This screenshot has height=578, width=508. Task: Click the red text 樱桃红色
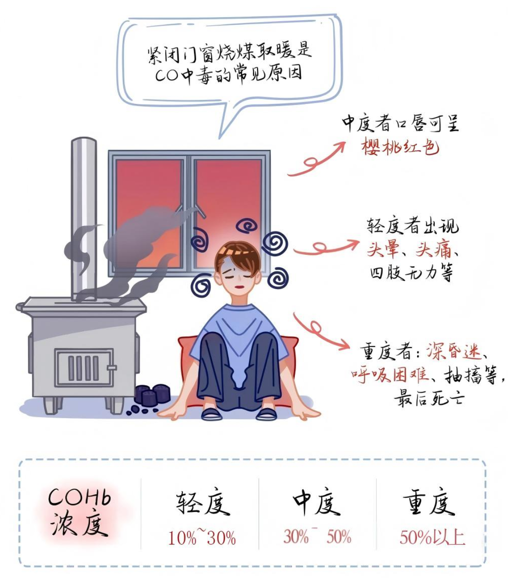click(x=400, y=148)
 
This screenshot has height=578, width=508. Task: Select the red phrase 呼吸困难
click(x=390, y=374)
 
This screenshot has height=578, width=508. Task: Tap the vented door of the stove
click(x=85, y=367)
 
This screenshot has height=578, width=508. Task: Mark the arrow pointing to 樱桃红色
click(x=316, y=158)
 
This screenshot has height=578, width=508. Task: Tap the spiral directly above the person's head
click(x=247, y=226)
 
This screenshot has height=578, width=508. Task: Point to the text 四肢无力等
click(x=411, y=273)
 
